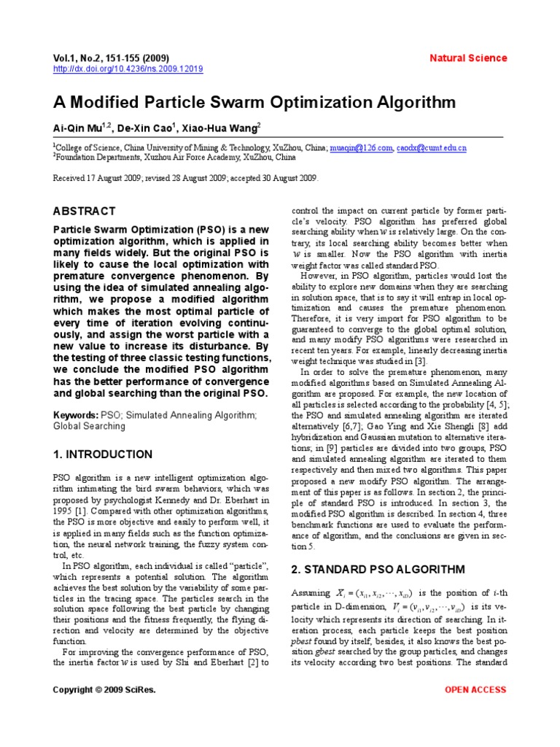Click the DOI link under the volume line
coord(128,69)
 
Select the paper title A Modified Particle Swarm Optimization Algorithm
coord(254,102)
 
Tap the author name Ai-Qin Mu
coord(79,128)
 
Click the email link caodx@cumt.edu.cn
coord(432,147)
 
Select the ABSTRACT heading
coord(84,211)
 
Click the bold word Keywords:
coord(76,414)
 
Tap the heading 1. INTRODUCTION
coord(103,454)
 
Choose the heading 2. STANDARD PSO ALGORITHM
coord(378,569)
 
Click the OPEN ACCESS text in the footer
coord(475,690)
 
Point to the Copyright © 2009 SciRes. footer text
coord(104,690)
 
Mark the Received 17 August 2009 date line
coord(185,177)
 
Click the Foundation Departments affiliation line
coord(174,156)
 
